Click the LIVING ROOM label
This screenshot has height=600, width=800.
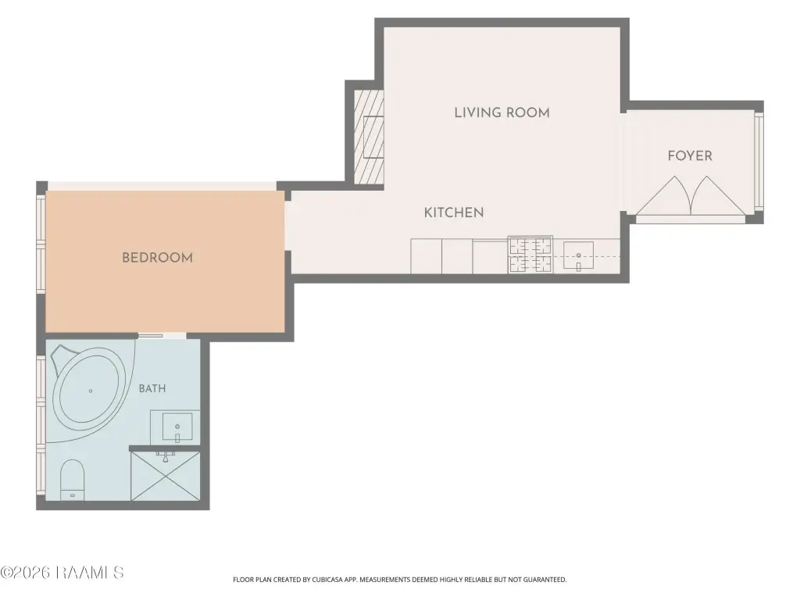click(x=502, y=112)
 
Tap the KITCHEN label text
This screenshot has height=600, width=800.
click(x=454, y=212)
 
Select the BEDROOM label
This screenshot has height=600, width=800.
click(x=157, y=258)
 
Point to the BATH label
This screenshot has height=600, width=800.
click(x=152, y=389)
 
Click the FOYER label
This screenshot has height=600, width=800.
click(x=690, y=155)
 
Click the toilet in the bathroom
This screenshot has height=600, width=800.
click(x=72, y=480)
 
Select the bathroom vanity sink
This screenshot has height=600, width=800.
click(x=177, y=427)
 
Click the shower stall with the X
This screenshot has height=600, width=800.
click(x=166, y=476)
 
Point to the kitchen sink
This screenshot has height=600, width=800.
click(x=578, y=255)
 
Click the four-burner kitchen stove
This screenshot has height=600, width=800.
click(x=530, y=255)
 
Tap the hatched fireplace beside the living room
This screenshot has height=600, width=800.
click(x=369, y=137)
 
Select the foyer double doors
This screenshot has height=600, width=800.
click(x=691, y=196)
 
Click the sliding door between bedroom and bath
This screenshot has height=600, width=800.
click(x=150, y=336)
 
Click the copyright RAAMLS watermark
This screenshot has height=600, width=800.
click(x=62, y=573)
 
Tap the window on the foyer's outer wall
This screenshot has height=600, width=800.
click(x=759, y=161)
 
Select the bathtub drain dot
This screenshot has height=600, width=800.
click(x=91, y=391)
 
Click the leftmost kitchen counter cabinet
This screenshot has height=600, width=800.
click(x=426, y=256)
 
